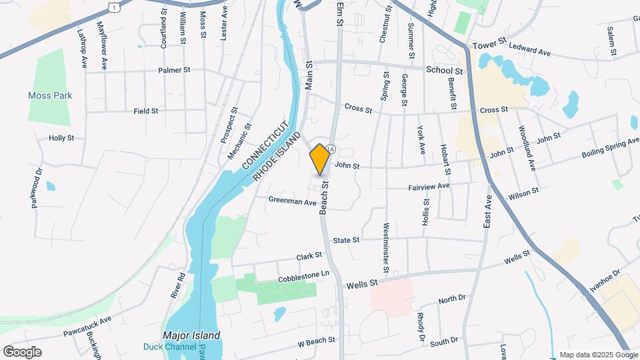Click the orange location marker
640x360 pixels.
click(x=319, y=159)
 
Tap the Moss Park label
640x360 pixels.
click(x=50, y=95)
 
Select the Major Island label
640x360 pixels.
click(x=192, y=335)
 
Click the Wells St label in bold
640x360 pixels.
click(x=362, y=284)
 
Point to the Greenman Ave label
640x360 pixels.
click(x=292, y=200)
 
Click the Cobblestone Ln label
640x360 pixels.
click(x=304, y=274)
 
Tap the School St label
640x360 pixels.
click(x=444, y=70)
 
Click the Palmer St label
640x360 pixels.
click(x=175, y=69)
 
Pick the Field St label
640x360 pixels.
click(x=146, y=111)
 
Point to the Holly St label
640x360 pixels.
click(x=61, y=138)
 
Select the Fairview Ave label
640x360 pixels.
click(x=429, y=186)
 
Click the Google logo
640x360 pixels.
click(x=22, y=351)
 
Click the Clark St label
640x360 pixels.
click(x=309, y=255)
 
